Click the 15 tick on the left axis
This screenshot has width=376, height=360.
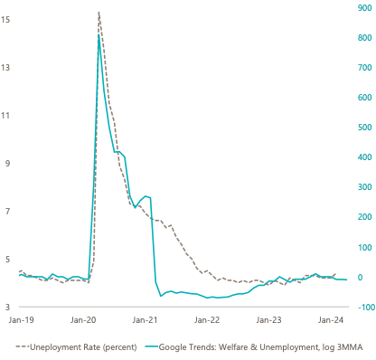[5, 20]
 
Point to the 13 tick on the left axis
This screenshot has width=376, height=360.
[5, 68]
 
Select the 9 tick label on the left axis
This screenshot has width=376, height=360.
[7, 164]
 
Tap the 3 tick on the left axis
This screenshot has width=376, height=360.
[7, 308]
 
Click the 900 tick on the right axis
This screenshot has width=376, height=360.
[364, 8]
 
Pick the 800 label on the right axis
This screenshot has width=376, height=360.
[364, 38]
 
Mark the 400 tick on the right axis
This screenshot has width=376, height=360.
[364, 157]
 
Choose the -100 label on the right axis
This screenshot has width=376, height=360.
[365, 308]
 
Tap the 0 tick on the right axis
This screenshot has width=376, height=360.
[361, 277]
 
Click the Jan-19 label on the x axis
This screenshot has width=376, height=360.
[21, 320]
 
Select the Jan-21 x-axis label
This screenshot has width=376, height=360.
[145, 320]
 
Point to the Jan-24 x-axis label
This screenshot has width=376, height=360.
[331, 320]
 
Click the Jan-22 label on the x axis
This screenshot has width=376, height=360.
[207, 320]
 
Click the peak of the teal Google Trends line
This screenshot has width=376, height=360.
[99, 35]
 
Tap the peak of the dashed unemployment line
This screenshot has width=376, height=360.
[99, 13]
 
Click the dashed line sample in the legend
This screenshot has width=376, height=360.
[22, 347]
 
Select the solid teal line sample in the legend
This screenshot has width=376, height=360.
[151, 347]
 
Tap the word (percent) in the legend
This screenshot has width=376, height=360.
[120, 347]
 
